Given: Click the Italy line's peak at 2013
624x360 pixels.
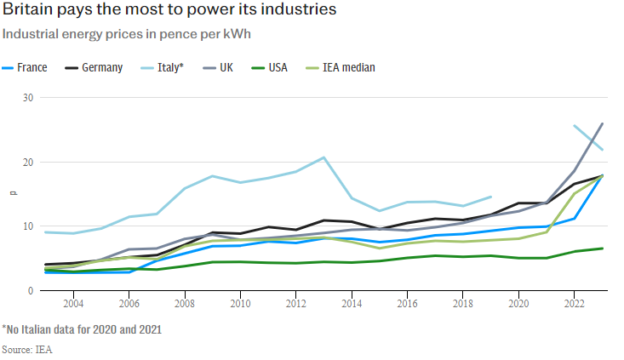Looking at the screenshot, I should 323,157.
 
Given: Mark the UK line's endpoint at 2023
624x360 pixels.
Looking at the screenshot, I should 603,123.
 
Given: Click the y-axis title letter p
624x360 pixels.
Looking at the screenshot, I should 12,194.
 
